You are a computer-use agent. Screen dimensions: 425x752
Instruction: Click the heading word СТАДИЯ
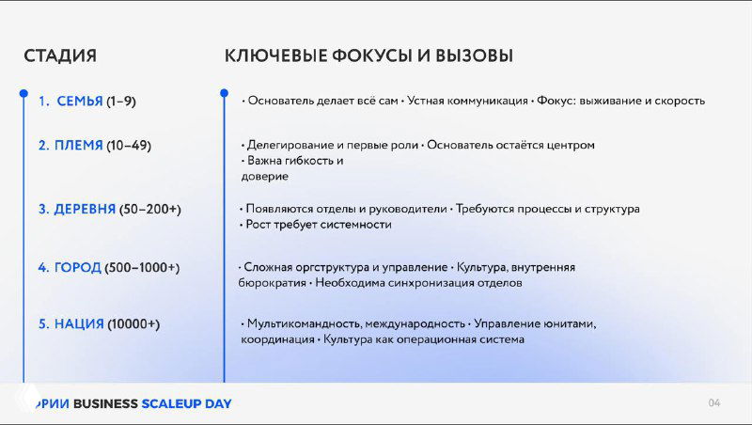(60, 55)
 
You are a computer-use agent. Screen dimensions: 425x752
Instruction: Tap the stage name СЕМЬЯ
(80, 101)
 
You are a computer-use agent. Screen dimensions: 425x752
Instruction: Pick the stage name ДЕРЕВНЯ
(85, 209)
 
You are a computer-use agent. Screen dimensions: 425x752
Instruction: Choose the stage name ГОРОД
(77, 267)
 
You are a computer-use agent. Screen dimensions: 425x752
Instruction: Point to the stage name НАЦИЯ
(79, 323)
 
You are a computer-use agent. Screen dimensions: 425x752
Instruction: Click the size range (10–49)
(129, 146)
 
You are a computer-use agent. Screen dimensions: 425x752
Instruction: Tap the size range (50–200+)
(150, 209)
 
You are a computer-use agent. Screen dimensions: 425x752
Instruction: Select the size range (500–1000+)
(142, 267)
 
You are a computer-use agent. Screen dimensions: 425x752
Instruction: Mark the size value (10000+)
(133, 323)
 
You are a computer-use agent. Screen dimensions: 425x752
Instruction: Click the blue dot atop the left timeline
(24, 93)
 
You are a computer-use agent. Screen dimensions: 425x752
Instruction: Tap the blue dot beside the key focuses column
(224, 93)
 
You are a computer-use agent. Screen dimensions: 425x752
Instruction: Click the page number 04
(714, 403)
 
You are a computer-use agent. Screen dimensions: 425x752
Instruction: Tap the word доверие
(264, 176)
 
